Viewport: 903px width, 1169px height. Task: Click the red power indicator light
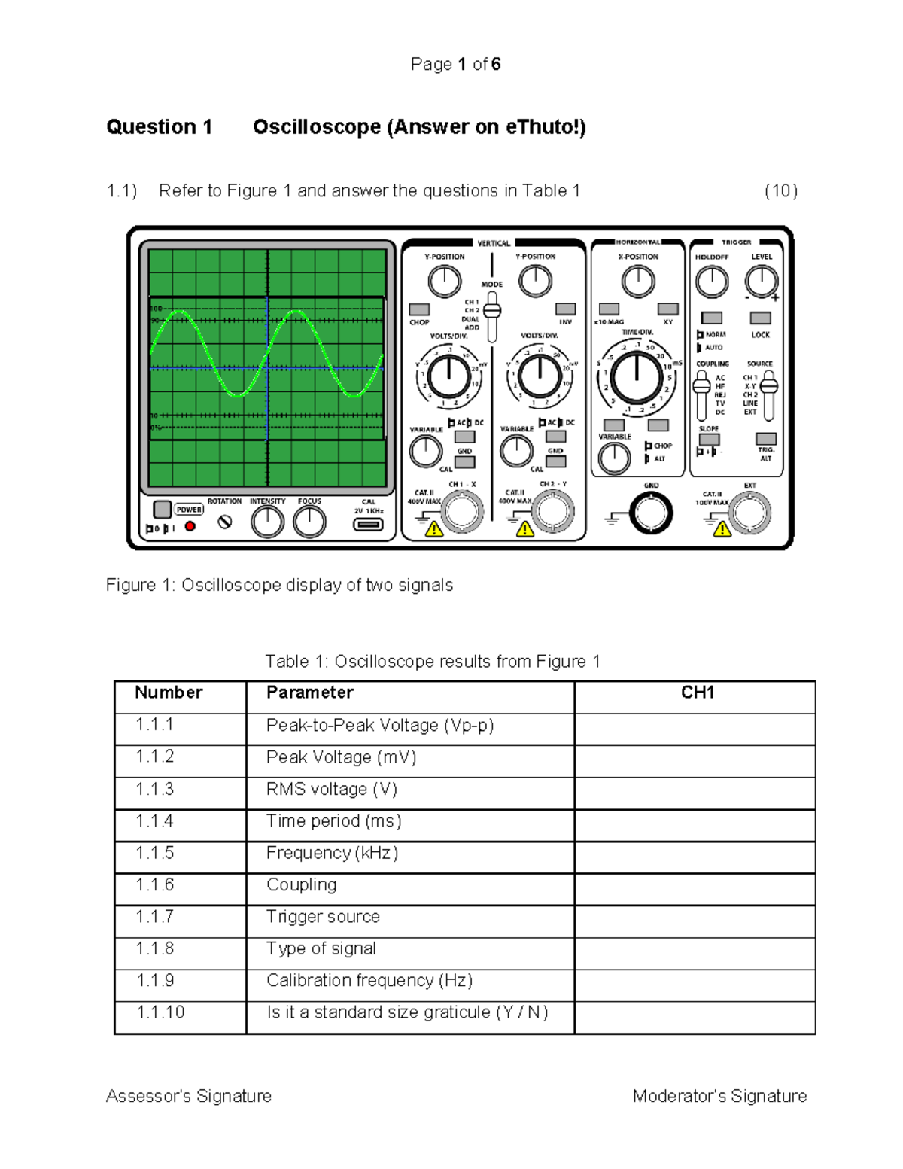(x=190, y=526)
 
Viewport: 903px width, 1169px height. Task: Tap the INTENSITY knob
(x=267, y=522)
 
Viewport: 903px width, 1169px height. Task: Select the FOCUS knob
(x=309, y=522)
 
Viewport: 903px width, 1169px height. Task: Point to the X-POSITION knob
(x=638, y=282)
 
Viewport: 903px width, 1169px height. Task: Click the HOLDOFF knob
(x=711, y=282)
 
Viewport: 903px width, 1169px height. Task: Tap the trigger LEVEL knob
(x=761, y=282)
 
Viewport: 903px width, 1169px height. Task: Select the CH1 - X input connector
(x=461, y=512)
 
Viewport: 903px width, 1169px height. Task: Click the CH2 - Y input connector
(x=553, y=511)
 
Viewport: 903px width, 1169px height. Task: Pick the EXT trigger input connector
(x=749, y=513)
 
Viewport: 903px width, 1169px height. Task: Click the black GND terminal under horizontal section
(x=651, y=513)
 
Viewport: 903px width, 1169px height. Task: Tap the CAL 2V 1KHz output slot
(x=368, y=524)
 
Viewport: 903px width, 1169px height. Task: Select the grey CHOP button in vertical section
(x=419, y=309)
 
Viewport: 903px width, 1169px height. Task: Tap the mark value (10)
(x=780, y=190)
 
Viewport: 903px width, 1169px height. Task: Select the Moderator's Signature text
(x=719, y=1096)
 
